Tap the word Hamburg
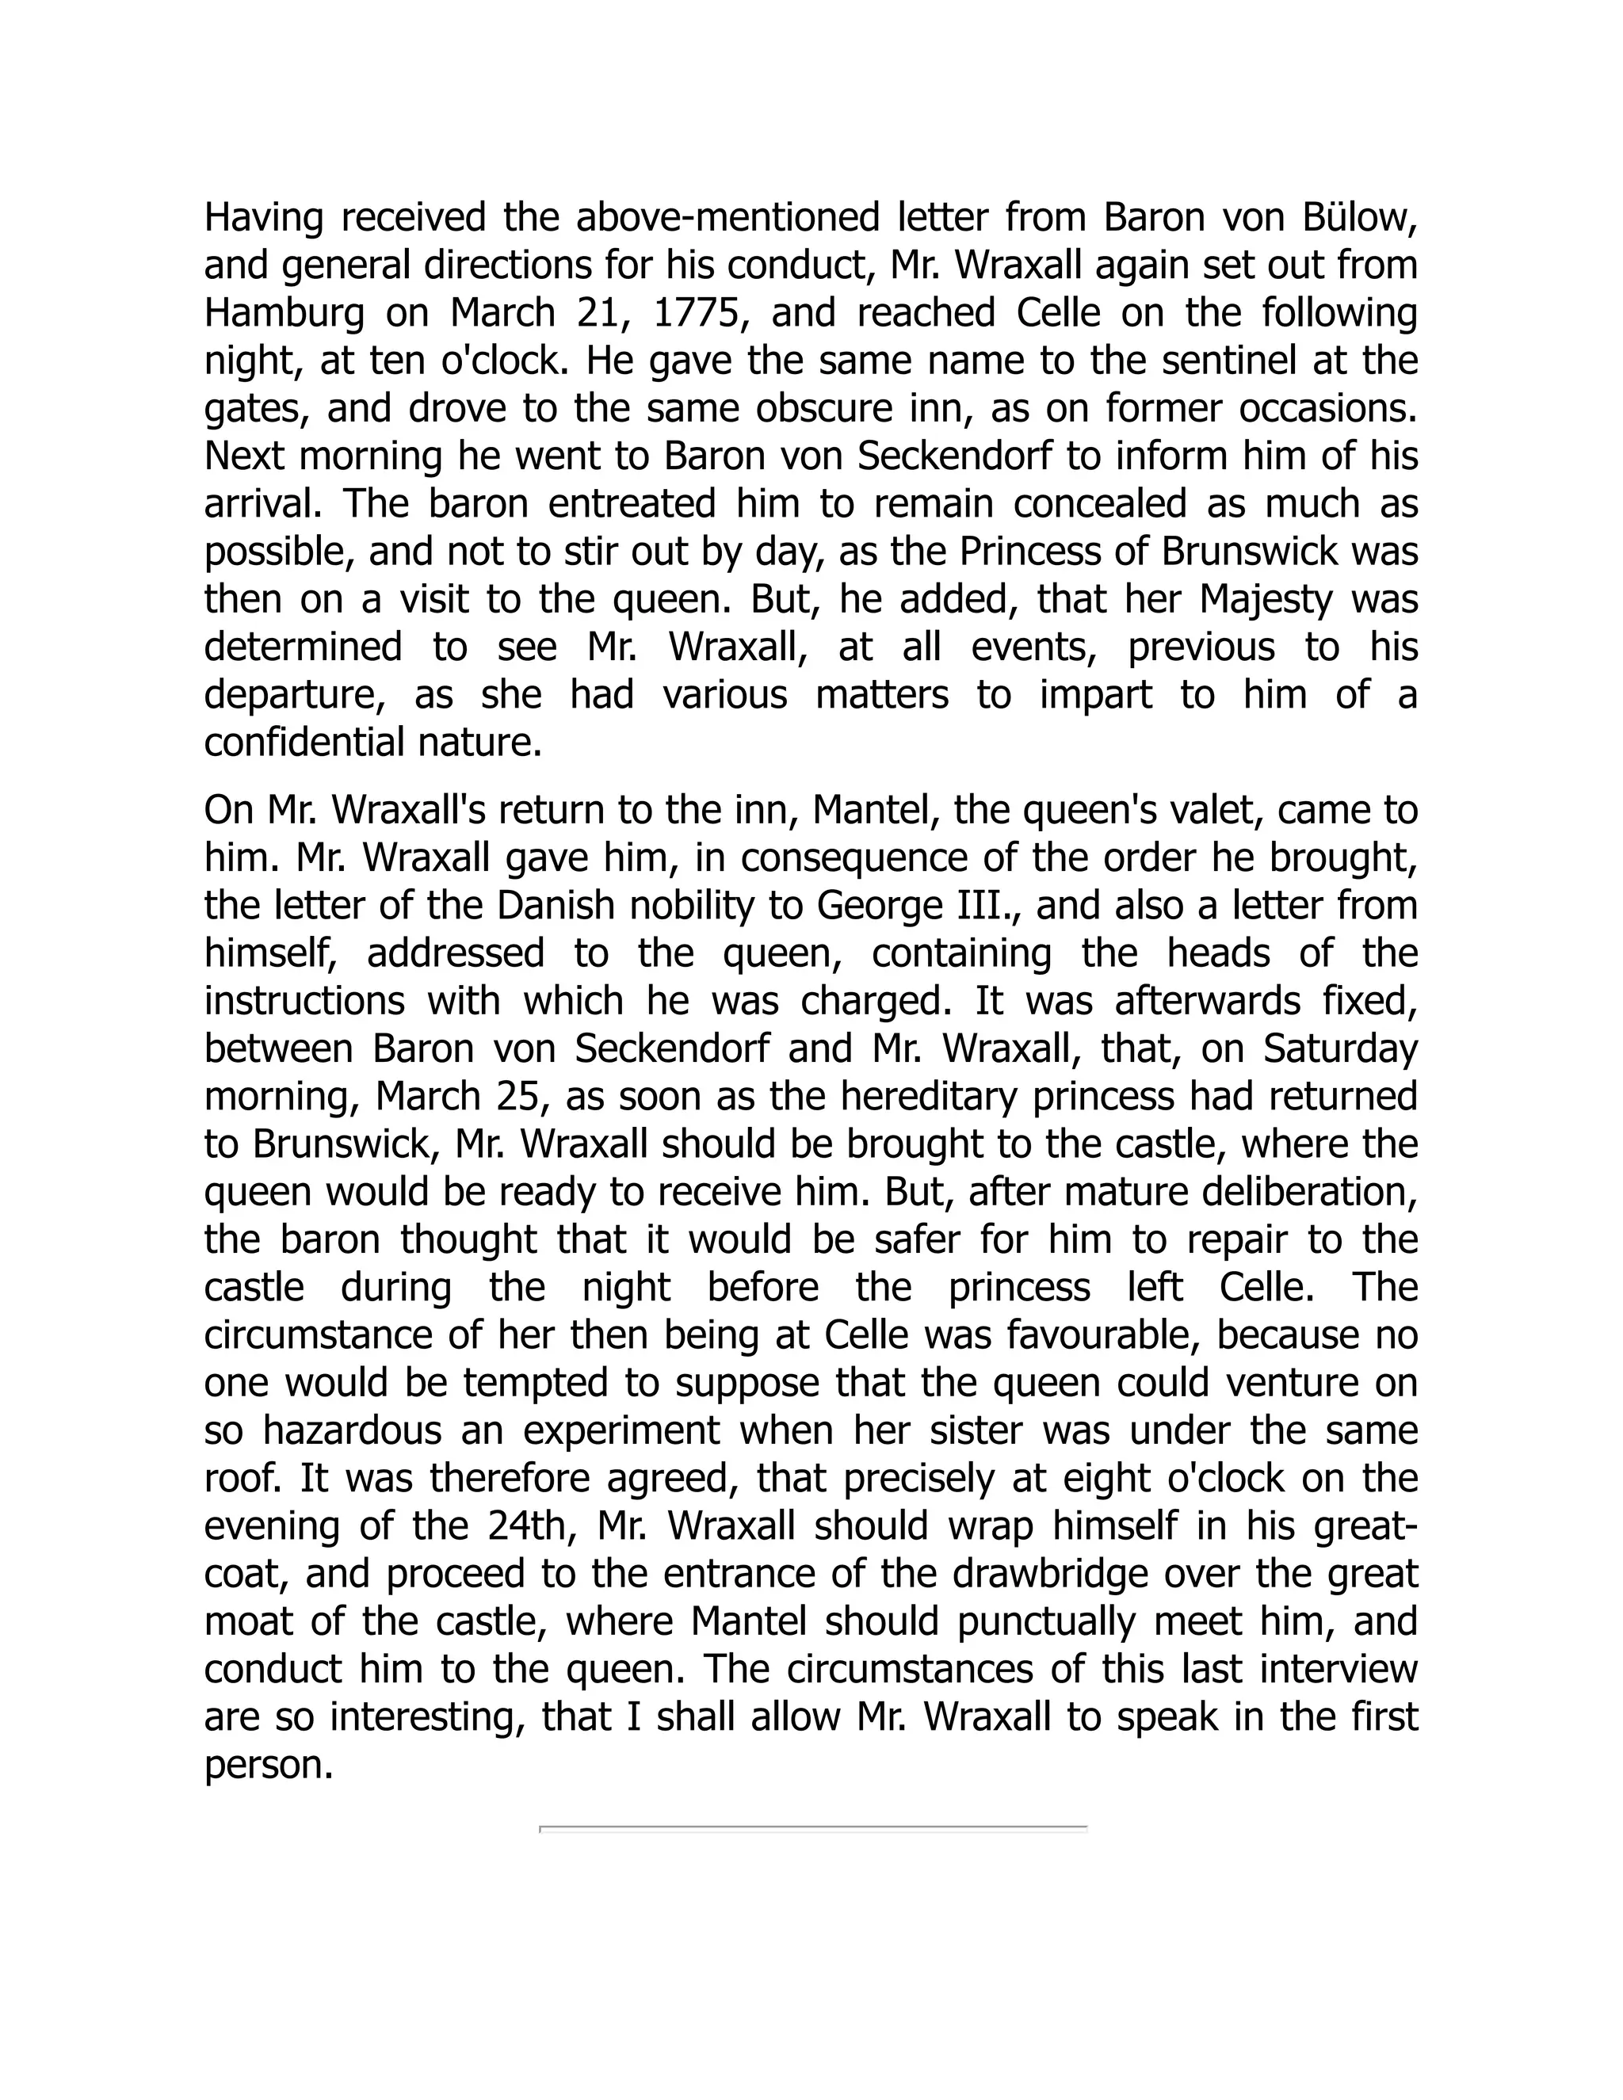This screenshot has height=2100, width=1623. tap(284, 314)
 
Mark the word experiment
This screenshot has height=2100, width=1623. tap(621, 1430)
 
